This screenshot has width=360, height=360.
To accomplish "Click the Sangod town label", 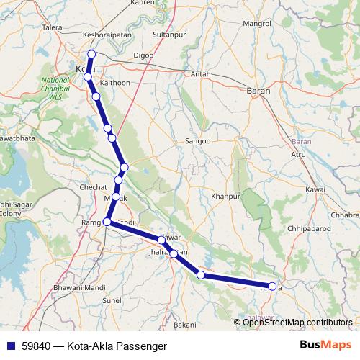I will click(x=197, y=141).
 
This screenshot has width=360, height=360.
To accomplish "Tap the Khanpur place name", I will click(x=225, y=196).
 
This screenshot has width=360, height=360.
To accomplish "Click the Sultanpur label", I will click(x=170, y=34).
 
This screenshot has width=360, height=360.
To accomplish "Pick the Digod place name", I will click(x=143, y=55).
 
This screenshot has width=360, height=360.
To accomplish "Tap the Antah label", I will click(x=199, y=73).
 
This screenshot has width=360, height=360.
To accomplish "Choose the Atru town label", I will click(x=299, y=154).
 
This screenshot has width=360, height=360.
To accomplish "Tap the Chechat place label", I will click(x=94, y=187).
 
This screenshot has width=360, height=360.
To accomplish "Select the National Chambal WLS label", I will click(x=55, y=89).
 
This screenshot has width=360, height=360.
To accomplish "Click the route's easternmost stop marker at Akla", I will click(x=272, y=287).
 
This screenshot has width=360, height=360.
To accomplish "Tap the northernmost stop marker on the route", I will click(x=91, y=54).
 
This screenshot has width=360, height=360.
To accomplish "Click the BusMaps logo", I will click(x=328, y=346).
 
